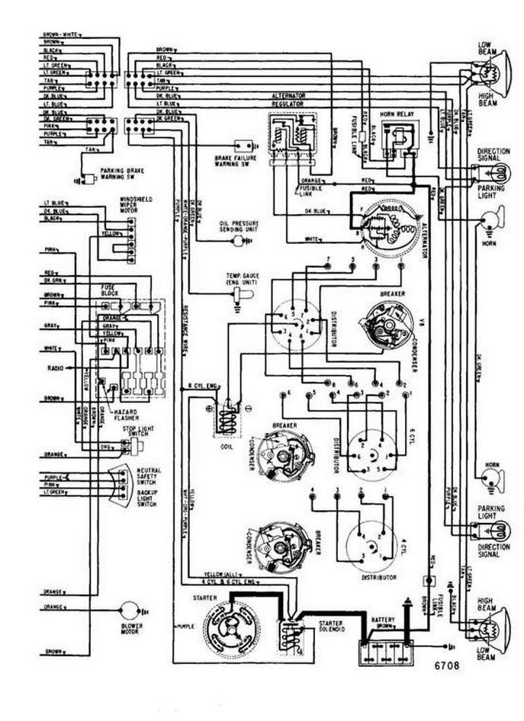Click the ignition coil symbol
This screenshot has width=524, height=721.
click(x=226, y=420)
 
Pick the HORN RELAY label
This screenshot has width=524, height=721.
click(x=395, y=112)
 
